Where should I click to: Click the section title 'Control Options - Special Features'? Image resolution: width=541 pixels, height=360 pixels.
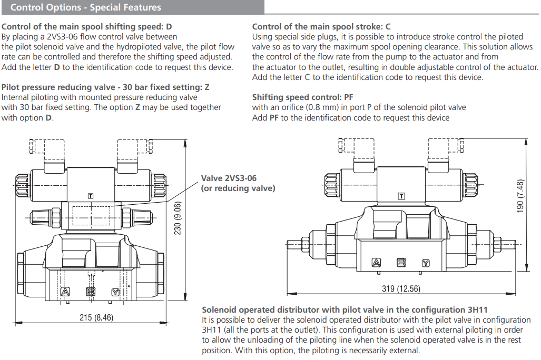tap(86, 8)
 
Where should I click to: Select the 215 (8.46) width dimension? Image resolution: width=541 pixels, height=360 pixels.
tap(96, 318)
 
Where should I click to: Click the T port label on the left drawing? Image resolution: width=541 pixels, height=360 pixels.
tap(91, 196)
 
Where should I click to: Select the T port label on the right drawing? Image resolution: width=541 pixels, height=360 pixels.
tap(401, 196)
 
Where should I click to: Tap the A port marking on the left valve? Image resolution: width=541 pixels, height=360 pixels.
tap(65, 292)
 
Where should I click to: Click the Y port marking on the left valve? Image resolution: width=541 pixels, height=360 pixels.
tap(115, 292)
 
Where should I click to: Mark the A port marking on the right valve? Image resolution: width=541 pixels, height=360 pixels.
tap(376, 263)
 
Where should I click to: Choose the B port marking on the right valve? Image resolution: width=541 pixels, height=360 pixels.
tap(401, 263)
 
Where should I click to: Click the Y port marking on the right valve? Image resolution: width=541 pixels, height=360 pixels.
tap(426, 263)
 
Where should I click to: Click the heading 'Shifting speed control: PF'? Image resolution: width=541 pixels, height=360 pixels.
tap(303, 97)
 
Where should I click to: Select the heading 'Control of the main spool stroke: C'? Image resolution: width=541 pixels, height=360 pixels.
tap(321, 26)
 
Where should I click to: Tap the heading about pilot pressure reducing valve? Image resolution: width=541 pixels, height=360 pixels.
tap(105, 87)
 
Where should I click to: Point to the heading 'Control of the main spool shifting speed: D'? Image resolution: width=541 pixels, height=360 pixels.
tap(87, 26)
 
